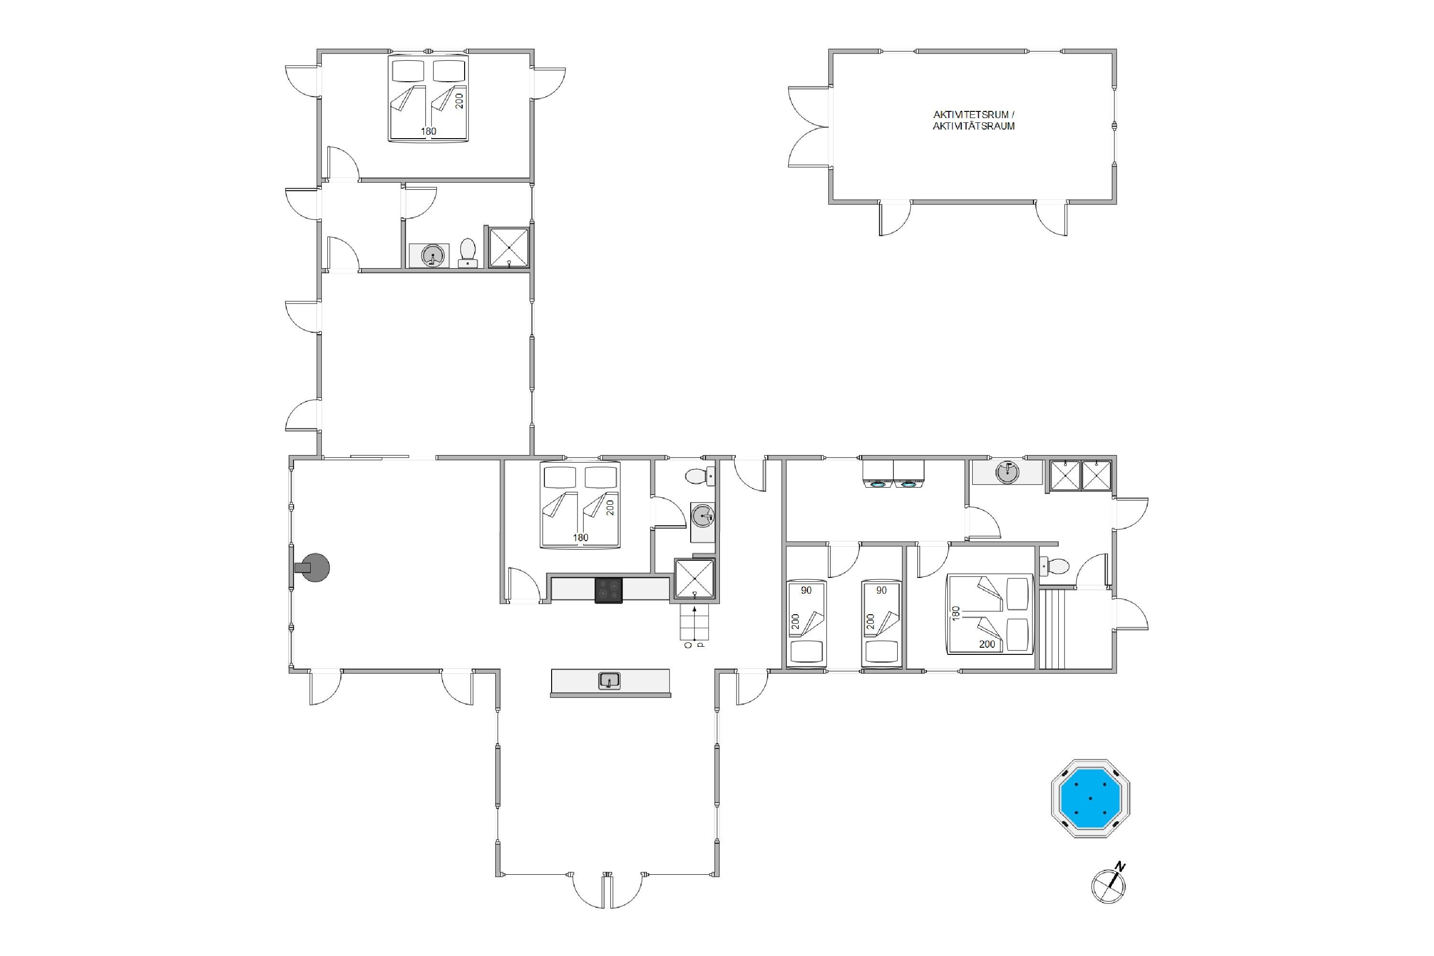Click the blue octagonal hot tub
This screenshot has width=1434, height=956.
pos(1090,798)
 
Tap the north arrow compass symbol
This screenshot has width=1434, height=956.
pos(1108,885)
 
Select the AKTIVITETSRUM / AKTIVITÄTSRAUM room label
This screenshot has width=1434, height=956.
pos(974,120)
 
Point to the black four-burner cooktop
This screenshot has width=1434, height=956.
pos(608,590)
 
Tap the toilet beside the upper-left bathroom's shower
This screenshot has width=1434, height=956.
pos(467,253)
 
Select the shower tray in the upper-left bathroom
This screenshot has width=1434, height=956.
pos(509,247)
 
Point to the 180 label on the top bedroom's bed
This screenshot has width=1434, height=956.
pos(429,131)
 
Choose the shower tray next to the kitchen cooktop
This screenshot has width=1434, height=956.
pos(694,578)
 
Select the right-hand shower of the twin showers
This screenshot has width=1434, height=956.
pos(1096,476)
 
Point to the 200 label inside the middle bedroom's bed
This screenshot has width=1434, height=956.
pos(610,507)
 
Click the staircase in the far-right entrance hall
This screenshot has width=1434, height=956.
pos(1051,629)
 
